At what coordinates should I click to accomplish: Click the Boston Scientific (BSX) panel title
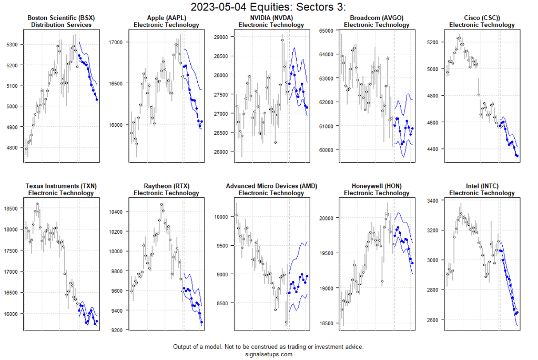coord(61,18)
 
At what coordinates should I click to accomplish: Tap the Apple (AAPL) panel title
coord(166,18)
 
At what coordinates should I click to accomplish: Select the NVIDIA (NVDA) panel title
coord(271,18)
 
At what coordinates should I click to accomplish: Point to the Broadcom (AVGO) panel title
coord(377,18)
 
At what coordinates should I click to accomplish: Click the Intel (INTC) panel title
coord(482,186)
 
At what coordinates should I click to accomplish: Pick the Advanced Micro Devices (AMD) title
coord(271,186)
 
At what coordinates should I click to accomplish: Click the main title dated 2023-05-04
coord(268,7)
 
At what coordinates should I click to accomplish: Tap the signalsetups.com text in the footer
coord(268,354)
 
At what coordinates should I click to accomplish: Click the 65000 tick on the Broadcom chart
coord(327,31)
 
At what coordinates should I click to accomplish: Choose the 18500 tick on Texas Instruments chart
coord(12,209)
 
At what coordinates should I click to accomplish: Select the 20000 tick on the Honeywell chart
coord(327,218)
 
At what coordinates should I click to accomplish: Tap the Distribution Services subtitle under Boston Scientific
coord(61,25)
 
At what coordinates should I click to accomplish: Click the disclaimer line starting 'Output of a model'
coord(268,347)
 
